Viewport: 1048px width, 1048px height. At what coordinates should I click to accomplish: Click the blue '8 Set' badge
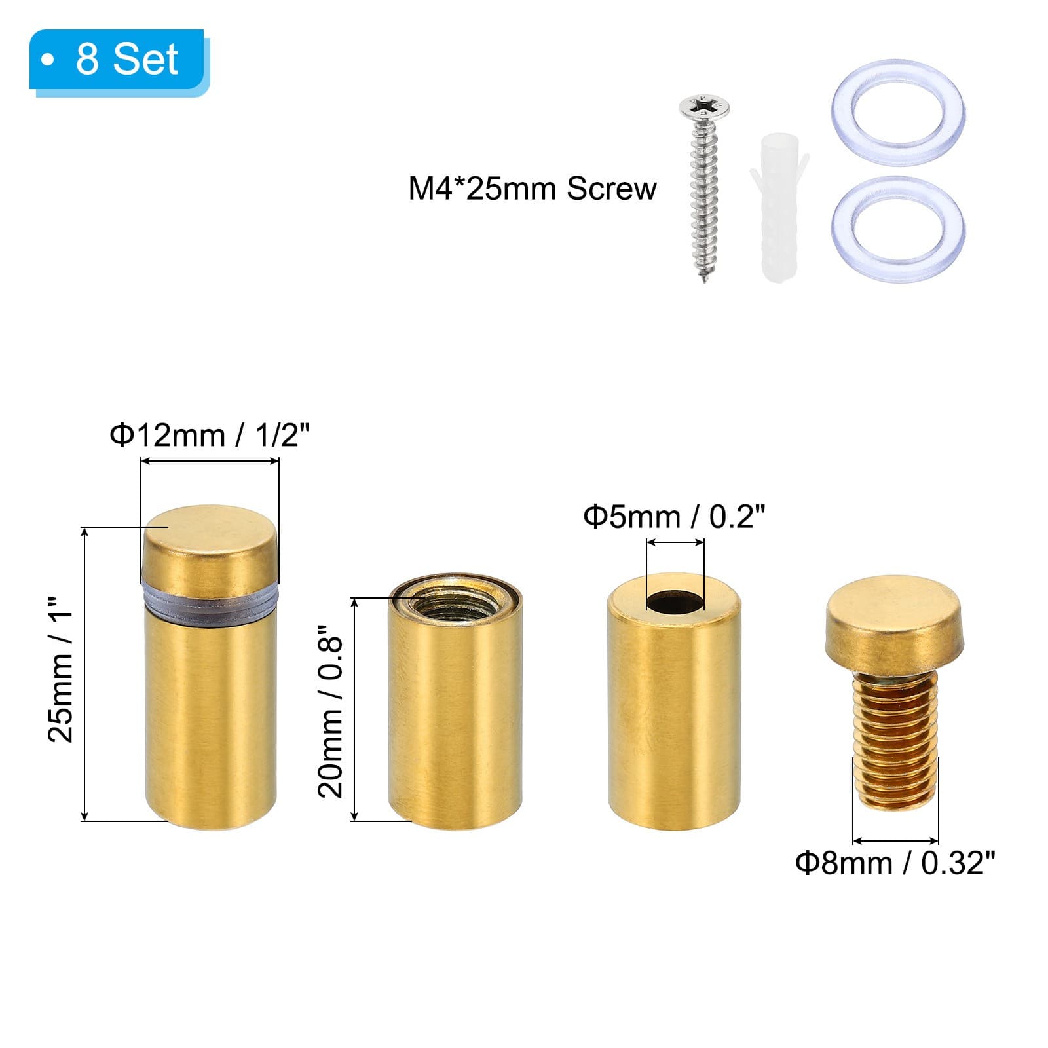click(x=118, y=60)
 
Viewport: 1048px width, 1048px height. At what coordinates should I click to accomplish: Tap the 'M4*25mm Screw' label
click(x=532, y=189)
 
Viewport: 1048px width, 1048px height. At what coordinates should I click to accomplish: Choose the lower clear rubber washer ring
click(x=897, y=229)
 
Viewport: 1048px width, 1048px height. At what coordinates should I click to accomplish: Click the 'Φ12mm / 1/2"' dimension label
click(x=209, y=436)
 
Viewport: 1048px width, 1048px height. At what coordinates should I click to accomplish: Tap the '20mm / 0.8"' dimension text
click(x=331, y=710)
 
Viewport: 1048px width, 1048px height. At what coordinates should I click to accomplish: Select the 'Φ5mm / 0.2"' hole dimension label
click(x=674, y=517)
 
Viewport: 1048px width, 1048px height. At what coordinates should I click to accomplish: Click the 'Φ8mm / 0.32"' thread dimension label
click(x=895, y=863)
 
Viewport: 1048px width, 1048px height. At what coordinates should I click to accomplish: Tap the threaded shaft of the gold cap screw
click(x=894, y=740)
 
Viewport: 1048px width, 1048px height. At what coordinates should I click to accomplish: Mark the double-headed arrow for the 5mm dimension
click(x=675, y=542)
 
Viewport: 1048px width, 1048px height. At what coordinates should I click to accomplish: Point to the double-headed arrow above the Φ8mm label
click(x=895, y=841)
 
